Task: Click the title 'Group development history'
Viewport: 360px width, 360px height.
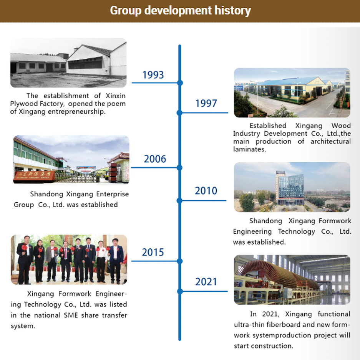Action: pos(180,10)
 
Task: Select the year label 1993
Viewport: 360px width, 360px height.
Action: pos(153,75)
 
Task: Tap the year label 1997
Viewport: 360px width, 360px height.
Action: pos(206,103)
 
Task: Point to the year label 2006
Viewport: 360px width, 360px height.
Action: pos(155,159)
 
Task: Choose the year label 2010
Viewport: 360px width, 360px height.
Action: pos(206,191)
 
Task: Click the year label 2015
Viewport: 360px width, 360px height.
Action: pos(153,252)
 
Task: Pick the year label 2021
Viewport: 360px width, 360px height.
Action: pos(206,282)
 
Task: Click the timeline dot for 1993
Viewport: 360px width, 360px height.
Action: pos(179,83)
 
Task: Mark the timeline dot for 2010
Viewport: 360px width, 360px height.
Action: pos(179,200)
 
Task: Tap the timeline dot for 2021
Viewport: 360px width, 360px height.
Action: pos(179,291)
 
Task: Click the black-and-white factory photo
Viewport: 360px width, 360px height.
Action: pos(68,63)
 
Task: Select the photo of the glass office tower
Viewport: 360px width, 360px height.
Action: pos(292,187)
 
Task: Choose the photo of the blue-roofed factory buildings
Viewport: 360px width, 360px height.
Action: pos(292,92)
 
